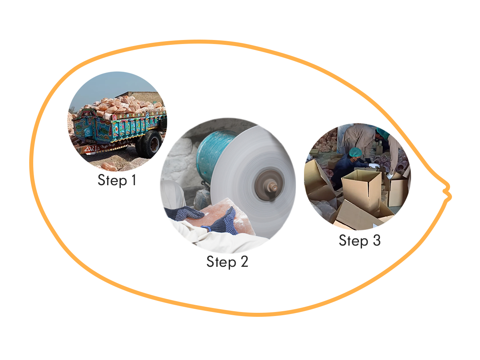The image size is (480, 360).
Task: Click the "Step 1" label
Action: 117,180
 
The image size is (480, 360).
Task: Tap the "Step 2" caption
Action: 227,262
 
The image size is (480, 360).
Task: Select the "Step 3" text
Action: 360,240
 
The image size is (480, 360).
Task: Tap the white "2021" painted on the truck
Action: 91,149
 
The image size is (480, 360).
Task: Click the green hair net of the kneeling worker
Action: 355,152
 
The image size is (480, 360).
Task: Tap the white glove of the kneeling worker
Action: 374,165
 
